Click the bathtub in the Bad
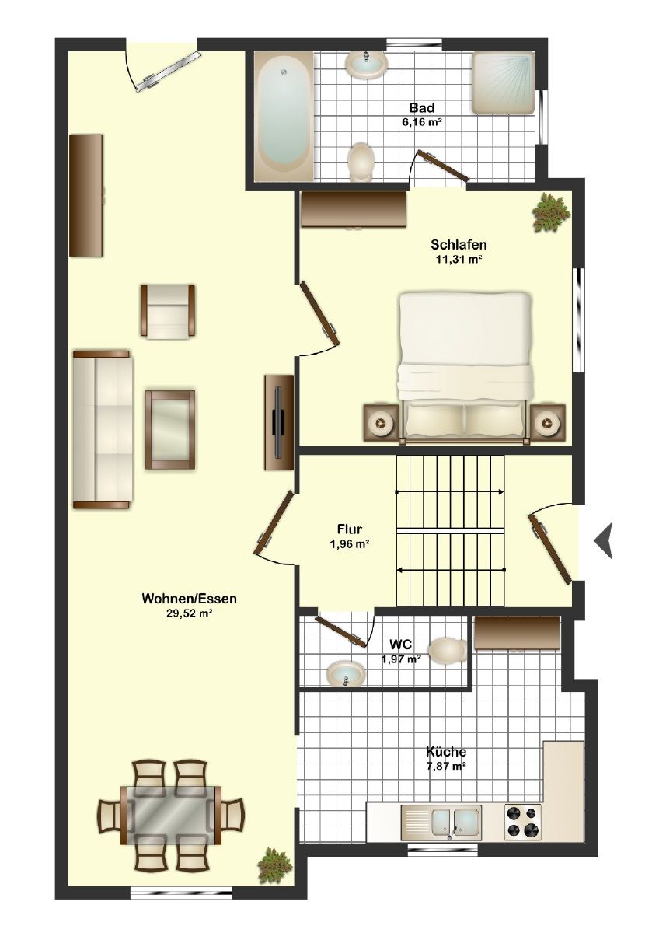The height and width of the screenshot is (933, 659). click(284, 116)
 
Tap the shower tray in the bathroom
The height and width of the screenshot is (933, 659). click(502, 82)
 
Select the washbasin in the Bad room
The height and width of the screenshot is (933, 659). click(366, 63)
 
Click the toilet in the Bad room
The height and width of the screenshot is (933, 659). click(361, 162)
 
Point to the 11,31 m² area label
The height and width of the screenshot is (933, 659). click(459, 260)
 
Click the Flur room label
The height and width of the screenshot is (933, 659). click(350, 529)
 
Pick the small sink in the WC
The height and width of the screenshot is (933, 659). click(347, 673)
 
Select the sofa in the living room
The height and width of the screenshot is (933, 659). click(103, 430)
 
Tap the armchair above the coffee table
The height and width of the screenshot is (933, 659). click(168, 311)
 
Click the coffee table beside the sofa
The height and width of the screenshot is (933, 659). click(170, 429)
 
